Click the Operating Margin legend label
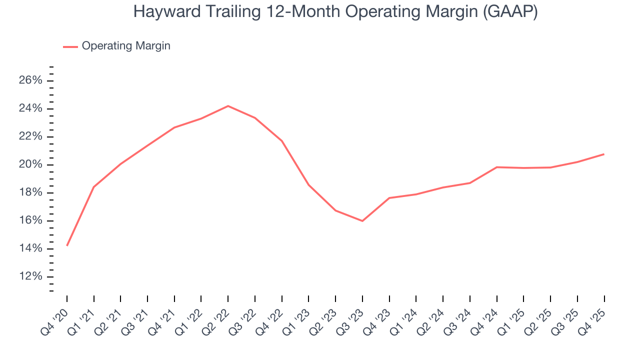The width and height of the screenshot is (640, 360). point(126,46)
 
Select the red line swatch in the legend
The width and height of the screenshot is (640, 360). point(70,46)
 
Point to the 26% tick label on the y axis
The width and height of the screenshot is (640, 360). point(30,81)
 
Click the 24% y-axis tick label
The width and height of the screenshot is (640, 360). point(30,109)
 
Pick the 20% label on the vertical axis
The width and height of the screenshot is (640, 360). point(30,165)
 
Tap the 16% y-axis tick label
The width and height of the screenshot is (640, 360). point(30,221)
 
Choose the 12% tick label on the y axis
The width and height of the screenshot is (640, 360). point(30,277)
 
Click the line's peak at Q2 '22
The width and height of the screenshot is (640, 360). point(228,106)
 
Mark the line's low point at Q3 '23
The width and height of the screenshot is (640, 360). point(362,221)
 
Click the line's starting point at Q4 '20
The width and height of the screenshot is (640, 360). point(67,245)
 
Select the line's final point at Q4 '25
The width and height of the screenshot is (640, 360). point(604,154)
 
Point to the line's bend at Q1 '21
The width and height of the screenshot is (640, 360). point(93,187)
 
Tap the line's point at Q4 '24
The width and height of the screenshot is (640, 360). point(497,167)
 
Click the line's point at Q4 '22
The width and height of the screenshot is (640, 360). point(282,141)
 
